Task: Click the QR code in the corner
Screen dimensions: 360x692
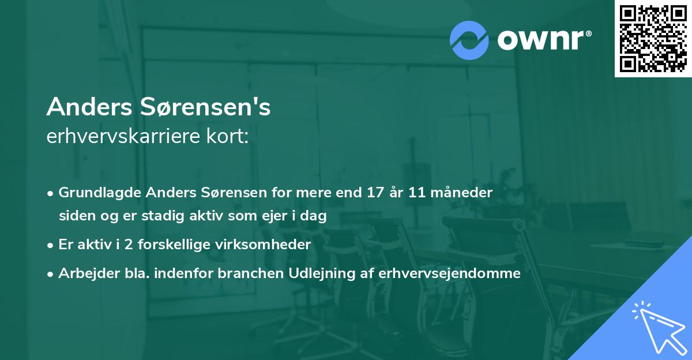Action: [x=653, y=38]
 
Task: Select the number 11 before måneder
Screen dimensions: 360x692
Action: [x=418, y=193]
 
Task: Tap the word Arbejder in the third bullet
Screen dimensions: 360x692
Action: [x=84, y=273]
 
